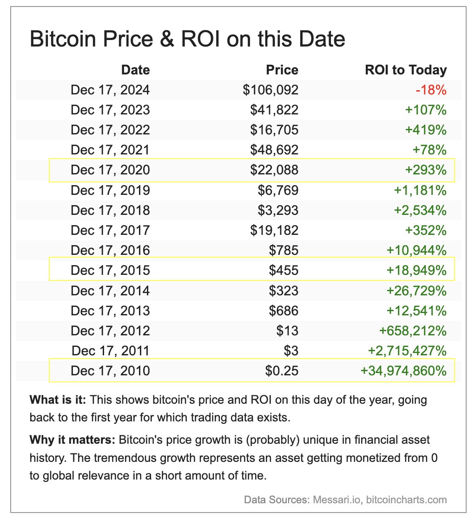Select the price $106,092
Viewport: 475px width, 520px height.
click(270, 90)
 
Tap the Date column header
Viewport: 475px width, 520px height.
click(135, 70)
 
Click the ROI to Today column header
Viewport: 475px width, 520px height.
click(406, 70)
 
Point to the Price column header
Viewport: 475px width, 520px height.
click(282, 70)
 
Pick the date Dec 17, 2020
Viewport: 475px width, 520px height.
click(110, 170)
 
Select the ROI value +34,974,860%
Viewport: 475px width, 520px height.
click(403, 371)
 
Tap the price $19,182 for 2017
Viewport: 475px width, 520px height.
click(274, 230)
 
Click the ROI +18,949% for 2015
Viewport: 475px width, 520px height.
click(416, 270)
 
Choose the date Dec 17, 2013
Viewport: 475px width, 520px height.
click(110, 310)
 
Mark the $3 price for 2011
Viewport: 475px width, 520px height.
click(291, 350)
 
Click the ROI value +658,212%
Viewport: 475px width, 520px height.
click(413, 331)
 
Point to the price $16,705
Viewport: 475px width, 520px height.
click(274, 130)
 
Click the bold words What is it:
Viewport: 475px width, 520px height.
click(59, 400)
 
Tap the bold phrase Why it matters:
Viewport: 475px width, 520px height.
click(72, 440)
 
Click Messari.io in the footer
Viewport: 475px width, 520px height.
click(335, 500)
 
